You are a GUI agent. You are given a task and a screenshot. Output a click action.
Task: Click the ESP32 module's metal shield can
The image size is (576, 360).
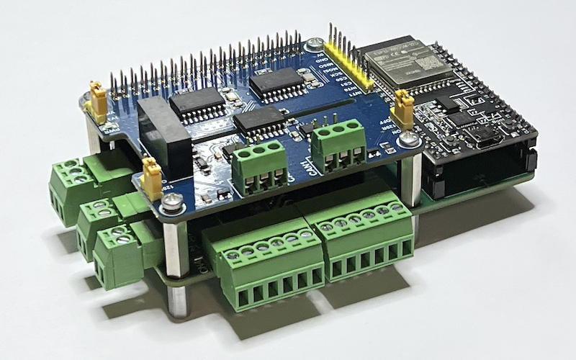click(393, 61)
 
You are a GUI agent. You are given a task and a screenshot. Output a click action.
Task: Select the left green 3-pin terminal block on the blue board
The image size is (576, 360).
click(257, 166)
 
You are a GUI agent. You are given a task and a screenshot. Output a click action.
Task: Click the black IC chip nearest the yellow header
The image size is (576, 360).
click(277, 84)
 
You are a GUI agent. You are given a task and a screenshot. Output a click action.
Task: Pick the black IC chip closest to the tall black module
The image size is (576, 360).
click(197, 105)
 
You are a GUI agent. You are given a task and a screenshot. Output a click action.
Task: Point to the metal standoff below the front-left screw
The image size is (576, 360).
click(174, 248)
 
